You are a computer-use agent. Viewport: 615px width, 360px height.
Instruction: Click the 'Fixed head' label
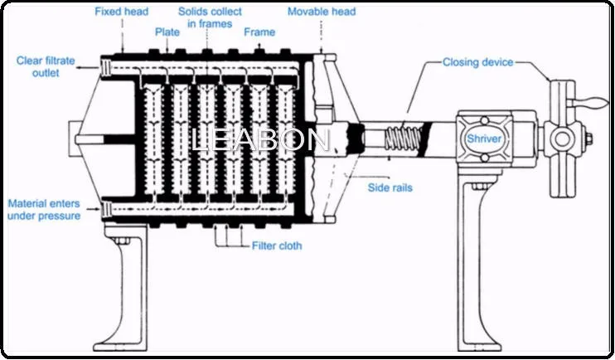click(122, 12)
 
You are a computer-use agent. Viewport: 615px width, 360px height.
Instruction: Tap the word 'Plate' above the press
click(167, 32)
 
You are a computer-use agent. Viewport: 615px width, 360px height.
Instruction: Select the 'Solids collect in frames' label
click(210, 17)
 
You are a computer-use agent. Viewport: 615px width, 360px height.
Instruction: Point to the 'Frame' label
click(259, 32)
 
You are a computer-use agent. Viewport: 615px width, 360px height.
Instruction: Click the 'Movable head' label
click(322, 12)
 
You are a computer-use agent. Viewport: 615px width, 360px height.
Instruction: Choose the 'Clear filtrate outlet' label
click(46, 66)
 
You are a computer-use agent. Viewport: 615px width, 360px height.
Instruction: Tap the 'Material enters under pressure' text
click(44, 210)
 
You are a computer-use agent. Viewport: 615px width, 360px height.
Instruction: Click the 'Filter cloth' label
click(277, 246)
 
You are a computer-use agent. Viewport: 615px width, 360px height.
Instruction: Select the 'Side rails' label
click(390, 187)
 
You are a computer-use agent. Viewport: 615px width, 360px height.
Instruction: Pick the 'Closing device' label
click(477, 62)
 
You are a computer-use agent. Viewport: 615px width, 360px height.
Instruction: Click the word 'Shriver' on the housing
click(484, 139)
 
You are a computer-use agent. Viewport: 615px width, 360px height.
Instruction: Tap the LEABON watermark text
click(261, 140)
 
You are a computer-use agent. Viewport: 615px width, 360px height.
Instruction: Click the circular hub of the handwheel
click(562, 139)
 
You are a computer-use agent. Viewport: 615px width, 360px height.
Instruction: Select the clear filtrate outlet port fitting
click(105, 68)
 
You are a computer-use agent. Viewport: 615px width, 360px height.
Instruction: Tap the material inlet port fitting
click(106, 209)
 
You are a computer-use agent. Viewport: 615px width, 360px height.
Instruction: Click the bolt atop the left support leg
click(121, 241)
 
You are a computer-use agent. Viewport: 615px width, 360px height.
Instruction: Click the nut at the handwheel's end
click(588, 139)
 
